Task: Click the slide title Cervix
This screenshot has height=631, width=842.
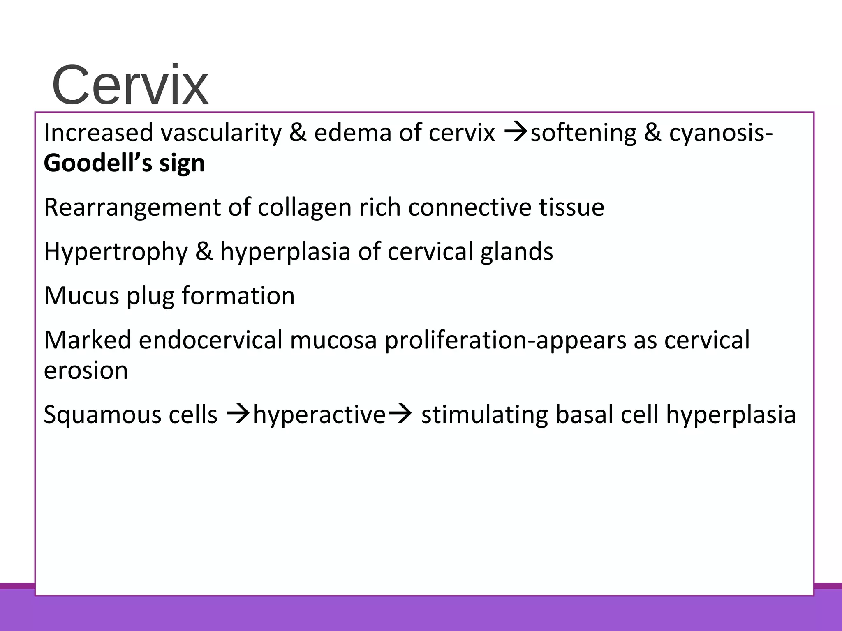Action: coord(130,86)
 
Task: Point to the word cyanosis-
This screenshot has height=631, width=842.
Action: coord(720,133)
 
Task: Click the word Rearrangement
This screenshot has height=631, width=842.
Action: coord(132,207)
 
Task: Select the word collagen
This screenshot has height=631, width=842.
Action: coord(304,207)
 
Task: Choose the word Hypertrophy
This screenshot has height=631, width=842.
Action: coord(116,251)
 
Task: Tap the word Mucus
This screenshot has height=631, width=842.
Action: coord(81,295)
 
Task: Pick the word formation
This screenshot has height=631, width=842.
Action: coord(238,295)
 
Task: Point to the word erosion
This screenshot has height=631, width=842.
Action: coord(86,370)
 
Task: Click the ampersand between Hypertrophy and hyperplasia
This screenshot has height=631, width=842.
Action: coord(204,251)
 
